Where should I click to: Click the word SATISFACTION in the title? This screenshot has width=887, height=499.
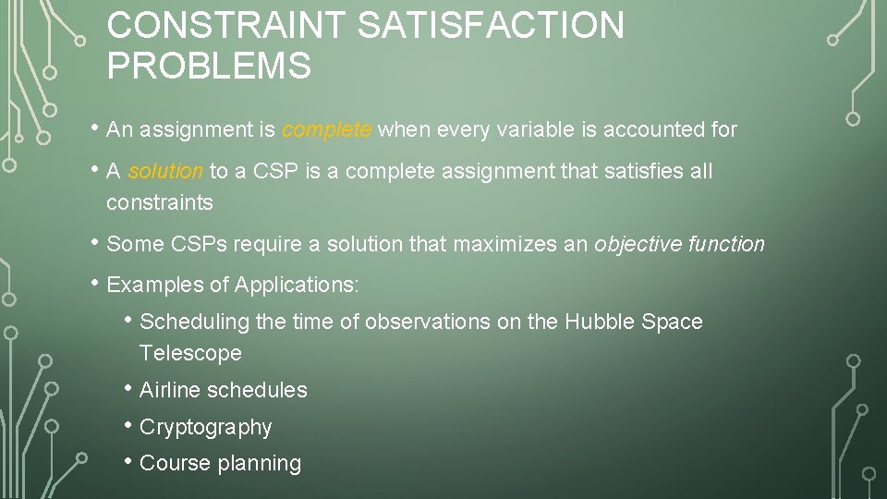[491, 26]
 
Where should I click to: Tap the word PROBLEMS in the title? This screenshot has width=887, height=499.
[209, 67]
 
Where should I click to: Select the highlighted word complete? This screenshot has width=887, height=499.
[327, 130]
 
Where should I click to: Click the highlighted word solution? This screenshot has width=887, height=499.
[165, 172]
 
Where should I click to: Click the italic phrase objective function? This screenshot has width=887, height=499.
[679, 245]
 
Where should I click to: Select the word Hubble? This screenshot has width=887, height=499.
[598, 323]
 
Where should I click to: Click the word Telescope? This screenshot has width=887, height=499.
[190, 354]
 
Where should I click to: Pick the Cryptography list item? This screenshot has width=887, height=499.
[205, 428]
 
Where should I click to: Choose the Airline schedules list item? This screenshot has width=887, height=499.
[223, 391]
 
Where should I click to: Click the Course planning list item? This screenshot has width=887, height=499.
[220, 464]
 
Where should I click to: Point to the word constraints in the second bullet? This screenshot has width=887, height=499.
[159, 203]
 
